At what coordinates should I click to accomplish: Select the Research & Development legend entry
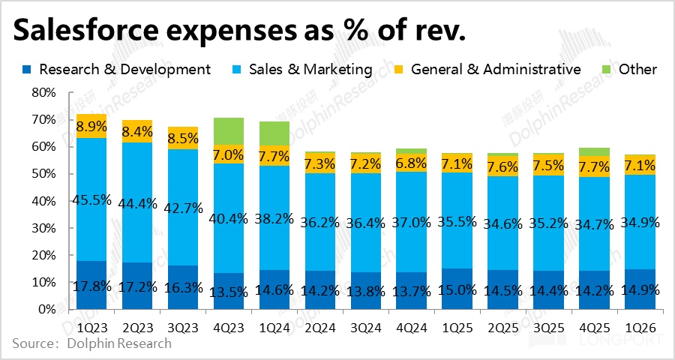(x=117, y=70)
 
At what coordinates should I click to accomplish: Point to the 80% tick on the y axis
(x=43, y=92)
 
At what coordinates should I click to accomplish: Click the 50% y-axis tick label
(x=43, y=174)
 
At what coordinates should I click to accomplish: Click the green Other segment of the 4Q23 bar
(x=229, y=131)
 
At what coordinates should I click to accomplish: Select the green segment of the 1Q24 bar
(x=274, y=133)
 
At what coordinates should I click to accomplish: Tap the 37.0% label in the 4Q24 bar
(x=412, y=224)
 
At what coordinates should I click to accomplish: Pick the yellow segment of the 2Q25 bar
(x=502, y=166)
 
